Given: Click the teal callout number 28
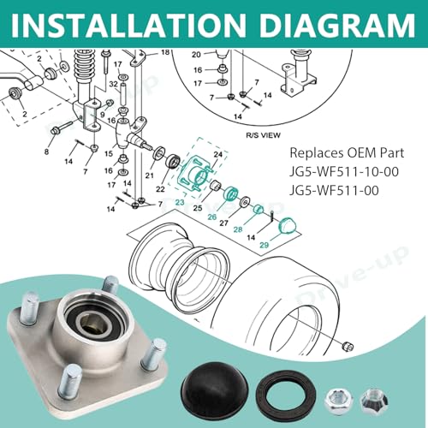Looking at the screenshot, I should tap(236, 231).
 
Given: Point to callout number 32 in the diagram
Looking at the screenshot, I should tap(113, 85).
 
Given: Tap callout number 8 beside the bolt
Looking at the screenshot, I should tap(46, 152).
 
